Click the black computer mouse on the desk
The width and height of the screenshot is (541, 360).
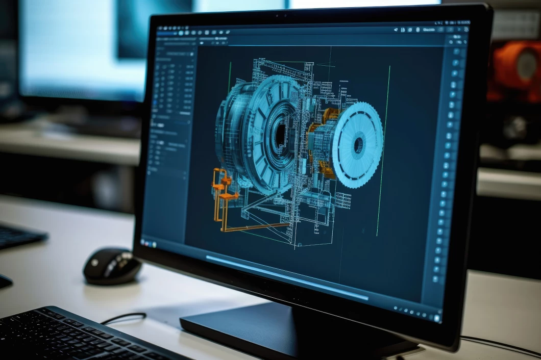[x=111, y=266]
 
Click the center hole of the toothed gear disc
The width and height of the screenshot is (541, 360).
[x=359, y=145]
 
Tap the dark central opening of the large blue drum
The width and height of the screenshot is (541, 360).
[x=280, y=134]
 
